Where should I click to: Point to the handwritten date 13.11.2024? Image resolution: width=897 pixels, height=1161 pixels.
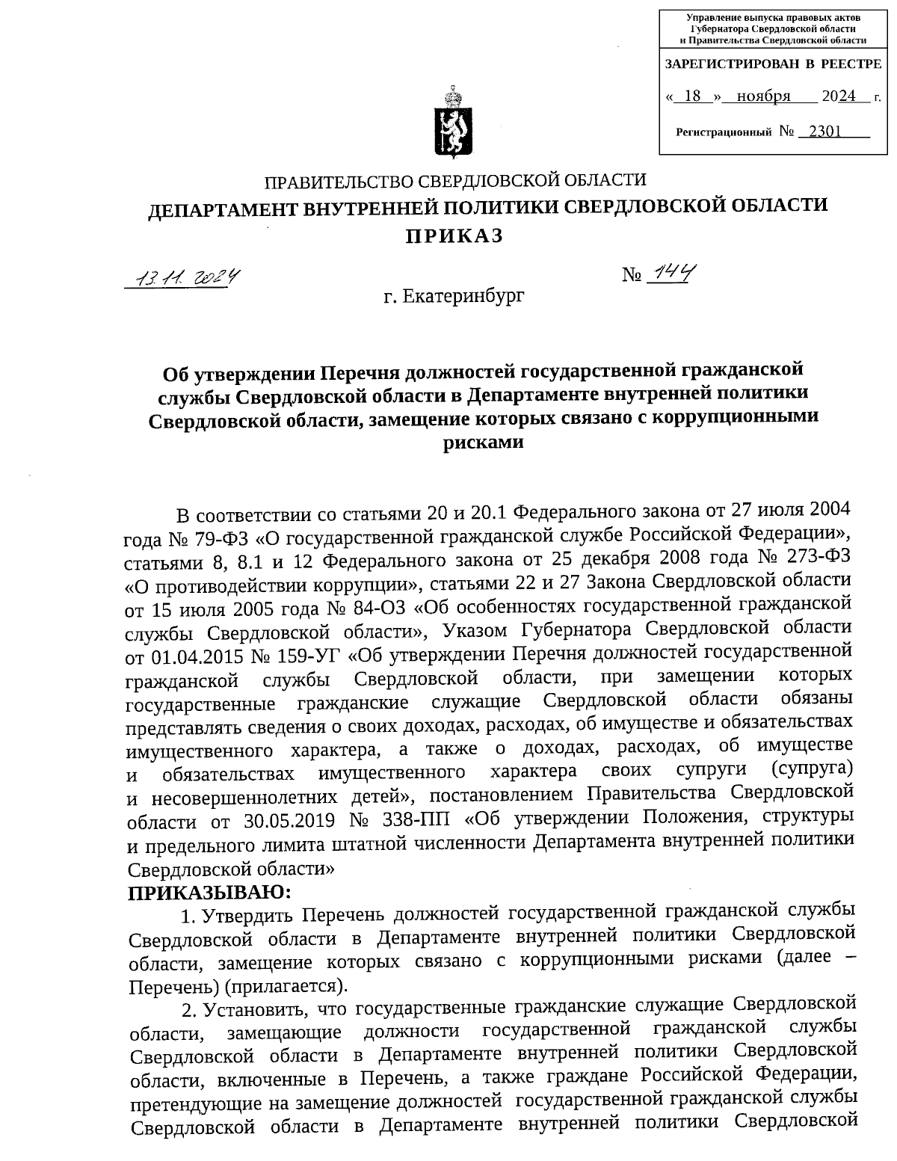tap(187, 279)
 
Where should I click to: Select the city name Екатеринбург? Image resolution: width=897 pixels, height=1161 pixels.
tap(463, 297)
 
